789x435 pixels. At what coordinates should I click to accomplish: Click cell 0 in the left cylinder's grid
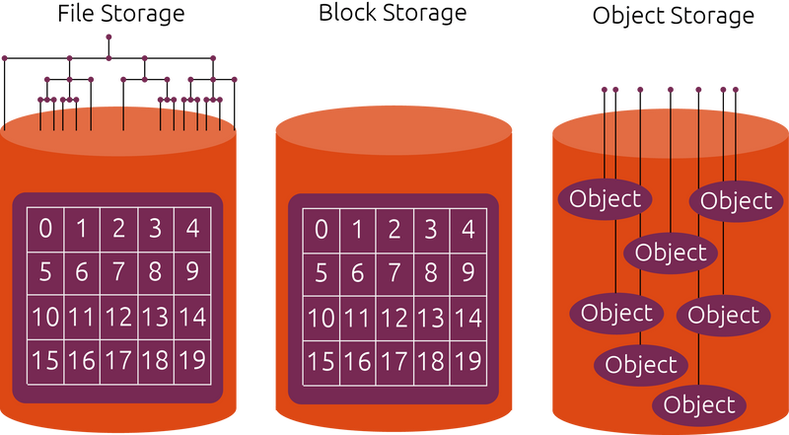[45, 230]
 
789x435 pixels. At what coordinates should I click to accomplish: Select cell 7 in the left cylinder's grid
[118, 272]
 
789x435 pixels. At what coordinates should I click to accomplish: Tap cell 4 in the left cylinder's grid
[192, 230]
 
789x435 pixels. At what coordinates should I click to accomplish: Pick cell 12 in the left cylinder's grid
[118, 317]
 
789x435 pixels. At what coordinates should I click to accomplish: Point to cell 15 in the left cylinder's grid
[45, 361]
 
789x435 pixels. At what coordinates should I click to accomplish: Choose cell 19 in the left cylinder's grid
[192, 361]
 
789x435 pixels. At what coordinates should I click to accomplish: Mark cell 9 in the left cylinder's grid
[192, 272]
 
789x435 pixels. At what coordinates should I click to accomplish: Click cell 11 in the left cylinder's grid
[82, 317]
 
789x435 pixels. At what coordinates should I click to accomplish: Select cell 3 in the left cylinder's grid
[156, 230]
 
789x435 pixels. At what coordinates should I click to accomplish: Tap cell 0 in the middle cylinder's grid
[321, 230]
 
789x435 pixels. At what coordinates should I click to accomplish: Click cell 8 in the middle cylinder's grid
[431, 272]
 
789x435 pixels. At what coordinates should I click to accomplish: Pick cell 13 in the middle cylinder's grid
[431, 317]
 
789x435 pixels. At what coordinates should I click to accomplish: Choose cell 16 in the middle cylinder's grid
[357, 361]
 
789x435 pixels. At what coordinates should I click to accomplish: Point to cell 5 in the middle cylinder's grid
[321, 272]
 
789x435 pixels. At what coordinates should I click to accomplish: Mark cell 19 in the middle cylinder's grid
[467, 361]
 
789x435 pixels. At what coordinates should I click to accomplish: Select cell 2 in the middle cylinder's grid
[394, 230]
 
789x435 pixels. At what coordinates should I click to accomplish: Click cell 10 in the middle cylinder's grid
[321, 317]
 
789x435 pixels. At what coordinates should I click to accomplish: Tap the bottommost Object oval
[699, 404]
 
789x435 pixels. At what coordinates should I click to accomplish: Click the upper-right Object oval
[736, 201]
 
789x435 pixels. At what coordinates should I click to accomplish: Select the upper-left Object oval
[605, 198]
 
